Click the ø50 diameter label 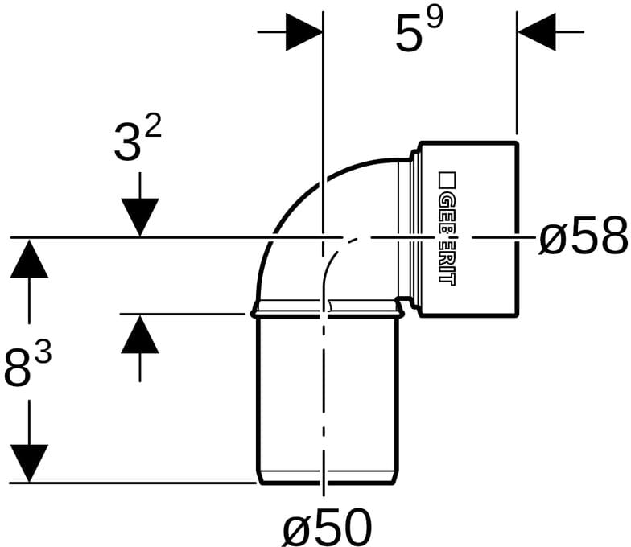327,526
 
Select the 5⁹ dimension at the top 419,31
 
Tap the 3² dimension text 138,138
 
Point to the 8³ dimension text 27,365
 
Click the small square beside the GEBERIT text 447,180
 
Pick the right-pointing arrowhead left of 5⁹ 304,32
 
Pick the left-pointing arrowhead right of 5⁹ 536,32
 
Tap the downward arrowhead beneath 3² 140,217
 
